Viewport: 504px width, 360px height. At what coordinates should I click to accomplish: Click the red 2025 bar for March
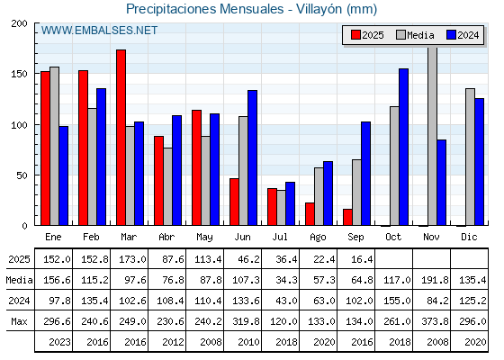[x=121, y=138]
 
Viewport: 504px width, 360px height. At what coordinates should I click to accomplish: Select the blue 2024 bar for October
[x=404, y=147]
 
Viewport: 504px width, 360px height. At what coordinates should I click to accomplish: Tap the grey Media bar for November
[x=432, y=136]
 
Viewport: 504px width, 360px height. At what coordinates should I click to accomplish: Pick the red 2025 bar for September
[x=347, y=217]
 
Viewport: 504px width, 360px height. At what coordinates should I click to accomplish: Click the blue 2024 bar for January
[x=64, y=175]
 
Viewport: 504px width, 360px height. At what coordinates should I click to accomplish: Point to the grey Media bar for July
[x=281, y=208]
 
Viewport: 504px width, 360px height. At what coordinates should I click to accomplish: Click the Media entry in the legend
[x=415, y=35]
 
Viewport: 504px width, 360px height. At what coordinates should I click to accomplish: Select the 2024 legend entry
[x=463, y=35]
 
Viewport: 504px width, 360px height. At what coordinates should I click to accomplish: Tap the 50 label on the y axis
[x=22, y=175]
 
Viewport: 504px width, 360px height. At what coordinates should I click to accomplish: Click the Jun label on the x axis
[x=242, y=237]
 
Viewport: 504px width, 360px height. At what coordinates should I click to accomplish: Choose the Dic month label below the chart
[x=469, y=237]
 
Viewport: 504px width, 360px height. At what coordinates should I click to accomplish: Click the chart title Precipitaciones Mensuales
[x=205, y=9]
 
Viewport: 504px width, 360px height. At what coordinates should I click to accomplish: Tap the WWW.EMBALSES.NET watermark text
[x=99, y=31]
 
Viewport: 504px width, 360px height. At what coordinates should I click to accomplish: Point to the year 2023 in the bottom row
[x=59, y=342]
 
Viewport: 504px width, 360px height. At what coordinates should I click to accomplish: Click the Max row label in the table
[x=19, y=321]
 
